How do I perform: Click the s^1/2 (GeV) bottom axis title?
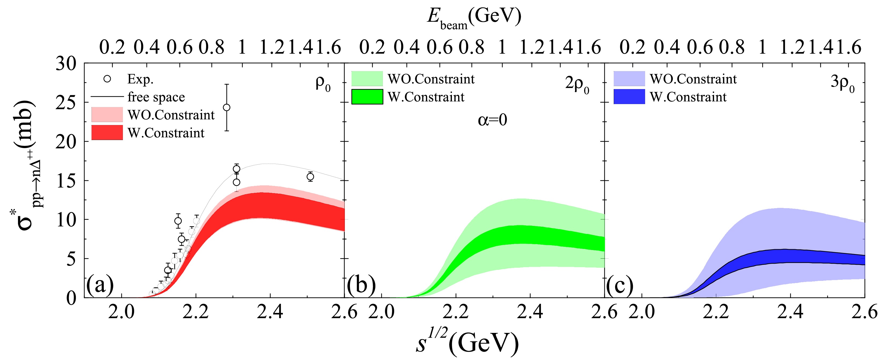click(467, 342)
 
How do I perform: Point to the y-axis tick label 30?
click(66, 64)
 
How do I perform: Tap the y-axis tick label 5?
click(71, 259)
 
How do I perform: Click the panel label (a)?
click(100, 284)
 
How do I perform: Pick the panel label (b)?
click(361, 284)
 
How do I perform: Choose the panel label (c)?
click(619, 284)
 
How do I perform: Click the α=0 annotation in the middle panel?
click(492, 120)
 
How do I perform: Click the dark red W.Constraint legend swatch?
click(107, 133)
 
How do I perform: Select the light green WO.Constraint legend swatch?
click(367, 79)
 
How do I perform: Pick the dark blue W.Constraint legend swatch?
click(629, 97)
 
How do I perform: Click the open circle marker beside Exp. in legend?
click(107, 79)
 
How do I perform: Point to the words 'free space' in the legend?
click(156, 97)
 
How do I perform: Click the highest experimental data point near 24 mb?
click(226, 107)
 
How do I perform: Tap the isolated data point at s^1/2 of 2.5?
click(310, 177)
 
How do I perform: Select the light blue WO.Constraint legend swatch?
click(629, 79)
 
